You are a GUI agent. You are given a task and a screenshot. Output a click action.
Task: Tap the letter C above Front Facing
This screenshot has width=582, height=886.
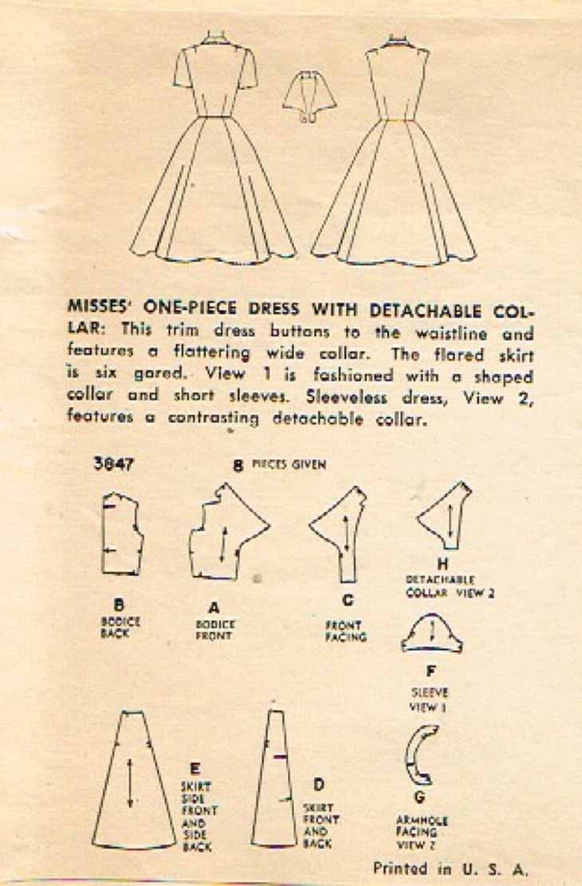point(348,599)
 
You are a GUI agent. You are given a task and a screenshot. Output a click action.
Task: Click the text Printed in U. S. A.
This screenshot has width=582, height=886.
point(451,868)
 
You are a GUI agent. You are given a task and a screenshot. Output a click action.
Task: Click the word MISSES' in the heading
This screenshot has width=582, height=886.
point(100,309)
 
